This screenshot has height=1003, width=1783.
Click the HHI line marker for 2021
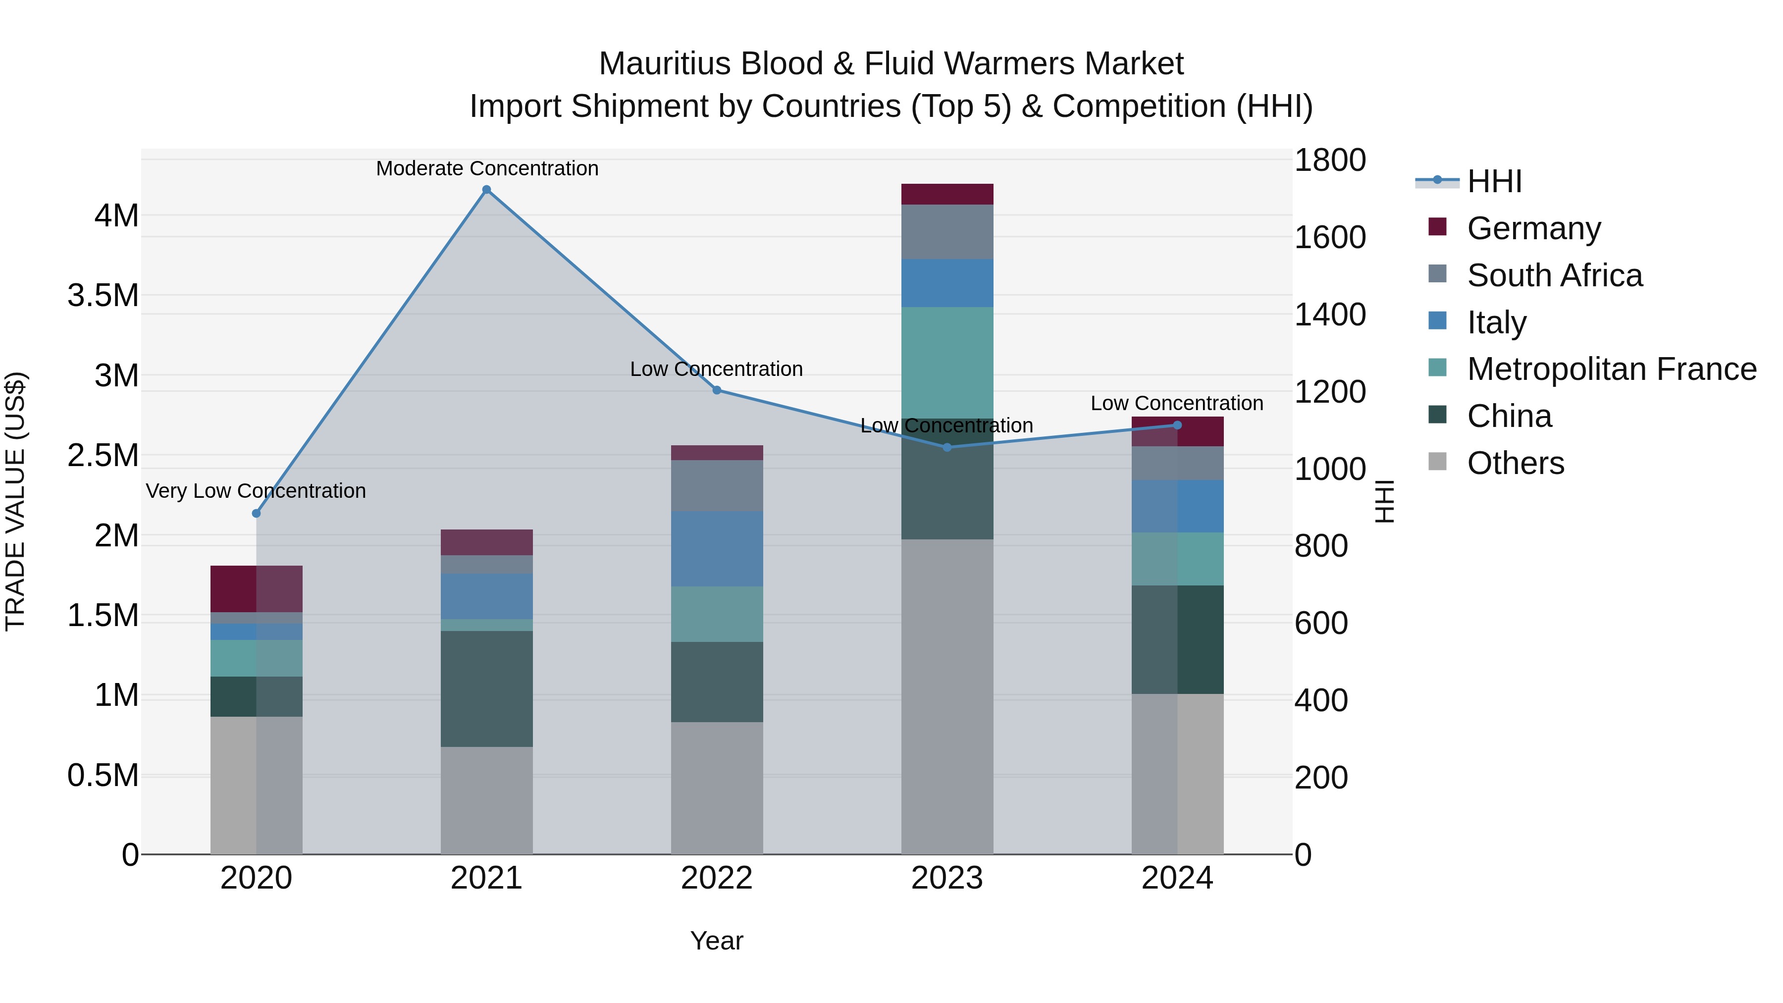pos(486,190)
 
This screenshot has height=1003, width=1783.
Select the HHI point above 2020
pos(256,513)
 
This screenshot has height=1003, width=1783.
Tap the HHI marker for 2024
pos(1177,425)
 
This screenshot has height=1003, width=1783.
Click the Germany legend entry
pos(1533,228)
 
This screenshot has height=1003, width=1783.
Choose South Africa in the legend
pos(1554,275)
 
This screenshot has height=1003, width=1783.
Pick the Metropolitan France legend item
pos(1611,369)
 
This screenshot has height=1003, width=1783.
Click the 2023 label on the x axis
pos(947,878)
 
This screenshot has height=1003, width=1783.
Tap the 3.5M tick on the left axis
pos(103,296)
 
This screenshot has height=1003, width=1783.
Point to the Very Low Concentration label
pos(256,491)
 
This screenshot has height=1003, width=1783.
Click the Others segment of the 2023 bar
pos(947,696)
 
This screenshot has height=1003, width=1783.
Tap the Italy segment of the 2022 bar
pos(717,548)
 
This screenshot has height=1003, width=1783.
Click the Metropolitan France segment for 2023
pos(947,362)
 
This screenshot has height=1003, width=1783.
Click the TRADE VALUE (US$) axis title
pos(15,501)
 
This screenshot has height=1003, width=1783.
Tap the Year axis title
pos(716,941)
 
